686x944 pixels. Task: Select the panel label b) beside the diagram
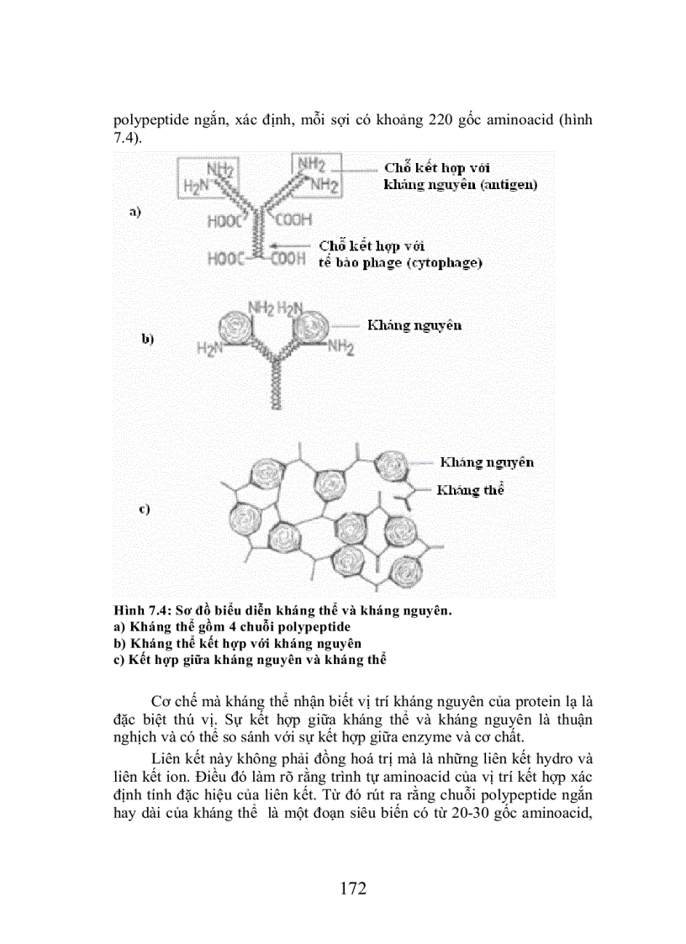click(x=147, y=339)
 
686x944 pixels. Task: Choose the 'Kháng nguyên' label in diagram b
click(x=411, y=324)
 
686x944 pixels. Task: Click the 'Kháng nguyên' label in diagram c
click(x=486, y=462)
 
